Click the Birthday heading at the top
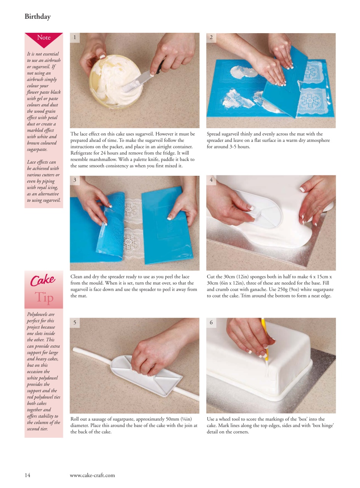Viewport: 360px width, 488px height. coord(37,16)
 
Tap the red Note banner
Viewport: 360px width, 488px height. coord(43,38)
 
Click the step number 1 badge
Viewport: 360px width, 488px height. coord(75,37)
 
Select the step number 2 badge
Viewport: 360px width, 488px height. coord(211,37)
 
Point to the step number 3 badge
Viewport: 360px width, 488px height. coord(75,180)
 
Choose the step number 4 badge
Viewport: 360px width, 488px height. coord(211,180)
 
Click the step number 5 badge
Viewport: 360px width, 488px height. coord(75,323)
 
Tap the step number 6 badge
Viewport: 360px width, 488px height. coord(211,323)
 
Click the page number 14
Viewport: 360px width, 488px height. coord(27,475)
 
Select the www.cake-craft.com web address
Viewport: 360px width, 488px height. coord(92,475)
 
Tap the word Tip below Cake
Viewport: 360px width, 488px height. coord(44,297)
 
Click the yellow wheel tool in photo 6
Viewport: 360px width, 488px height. coord(265,339)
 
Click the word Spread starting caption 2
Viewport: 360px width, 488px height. coord(214,134)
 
